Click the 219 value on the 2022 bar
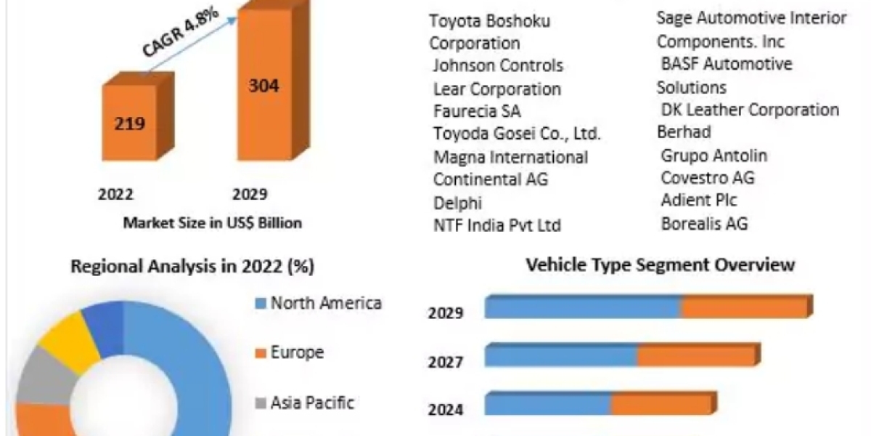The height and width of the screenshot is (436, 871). point(129,124)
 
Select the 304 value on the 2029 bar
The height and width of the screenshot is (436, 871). point(263,85)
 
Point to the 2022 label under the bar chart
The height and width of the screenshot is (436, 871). point(116,195)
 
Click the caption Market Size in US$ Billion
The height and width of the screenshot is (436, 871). point(212,222)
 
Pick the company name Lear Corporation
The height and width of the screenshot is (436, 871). point(496,89)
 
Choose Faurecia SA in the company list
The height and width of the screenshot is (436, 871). point(476,111)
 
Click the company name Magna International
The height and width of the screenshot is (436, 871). point(510,156)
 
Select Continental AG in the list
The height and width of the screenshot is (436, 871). point(490,178)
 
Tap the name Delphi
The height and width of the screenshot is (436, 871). point(457,202)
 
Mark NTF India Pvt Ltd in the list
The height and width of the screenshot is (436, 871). point(496,225)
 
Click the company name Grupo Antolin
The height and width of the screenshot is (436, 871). point(713,155)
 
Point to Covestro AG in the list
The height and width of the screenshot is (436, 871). point(708,177)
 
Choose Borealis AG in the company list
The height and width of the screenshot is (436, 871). point(704,223)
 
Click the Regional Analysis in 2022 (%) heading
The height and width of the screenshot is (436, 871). point(192,267)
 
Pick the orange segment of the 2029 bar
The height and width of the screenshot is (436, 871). point(744,308)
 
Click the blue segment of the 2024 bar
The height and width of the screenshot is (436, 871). point(548,404)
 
